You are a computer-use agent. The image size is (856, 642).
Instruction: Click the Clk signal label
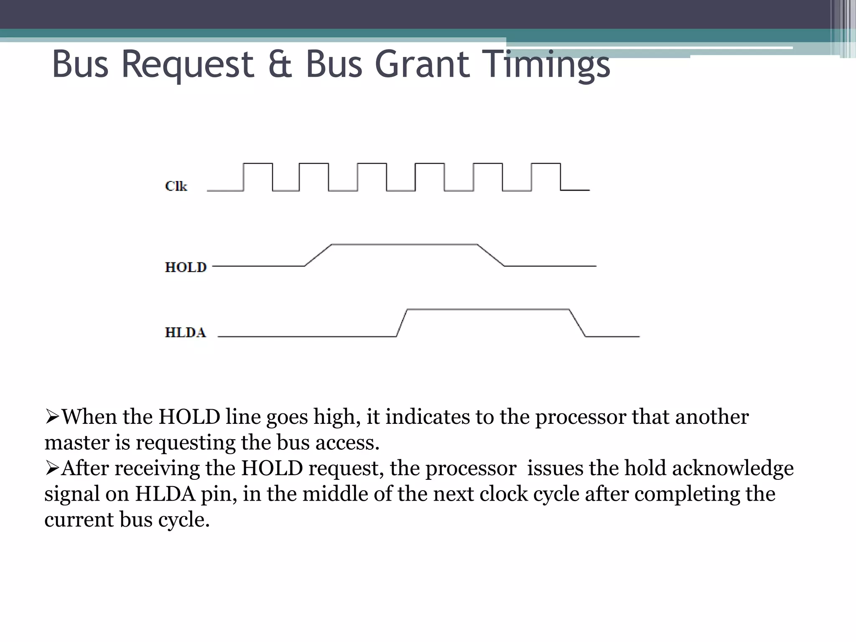click(x=176, y=186)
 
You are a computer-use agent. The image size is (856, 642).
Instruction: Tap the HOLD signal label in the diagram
click(x=186, y=267)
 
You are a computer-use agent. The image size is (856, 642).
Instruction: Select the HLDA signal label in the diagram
click(x=185, y=333)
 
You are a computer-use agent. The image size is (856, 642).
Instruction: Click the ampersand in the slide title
click(x=280, y=65)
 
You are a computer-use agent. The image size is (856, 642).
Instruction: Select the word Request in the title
click(x=188, y=65)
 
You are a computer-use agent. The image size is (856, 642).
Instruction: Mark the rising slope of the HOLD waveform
click(x=318, y=255)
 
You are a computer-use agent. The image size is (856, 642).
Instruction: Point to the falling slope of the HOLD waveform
click(x=491, y=255)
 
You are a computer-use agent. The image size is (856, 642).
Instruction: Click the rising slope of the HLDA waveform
click(x=402, y=323)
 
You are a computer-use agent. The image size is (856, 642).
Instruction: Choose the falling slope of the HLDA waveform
click(x=577, y=323)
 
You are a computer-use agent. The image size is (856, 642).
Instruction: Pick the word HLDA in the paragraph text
click(x=165, y=494)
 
